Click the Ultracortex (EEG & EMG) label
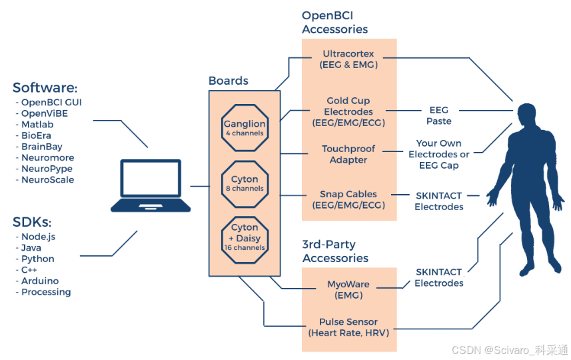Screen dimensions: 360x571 coord(349,59)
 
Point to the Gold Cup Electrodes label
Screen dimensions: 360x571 coord(349,112)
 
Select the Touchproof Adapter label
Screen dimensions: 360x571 coord(349,154)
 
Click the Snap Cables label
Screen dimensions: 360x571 coord(349,199)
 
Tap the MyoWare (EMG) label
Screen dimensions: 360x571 coord(349,290)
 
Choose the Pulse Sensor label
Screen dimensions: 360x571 coord(349,327)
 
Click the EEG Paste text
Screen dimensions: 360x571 coord(438,115)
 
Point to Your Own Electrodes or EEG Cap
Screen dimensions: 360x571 coord(438,154)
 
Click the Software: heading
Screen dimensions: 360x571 coord(45,88)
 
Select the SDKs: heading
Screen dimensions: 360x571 coord(32,221)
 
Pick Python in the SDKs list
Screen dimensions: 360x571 coord(38,259)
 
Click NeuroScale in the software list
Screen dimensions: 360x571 coord(48,180)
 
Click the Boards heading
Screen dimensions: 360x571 coord(228,81)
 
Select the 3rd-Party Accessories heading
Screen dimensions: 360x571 coord(334,251)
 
